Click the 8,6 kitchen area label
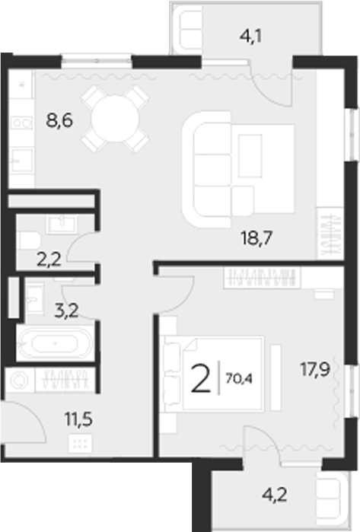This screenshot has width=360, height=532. (x=59, y=119)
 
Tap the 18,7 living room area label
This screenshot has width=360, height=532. (x=256, y=237)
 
